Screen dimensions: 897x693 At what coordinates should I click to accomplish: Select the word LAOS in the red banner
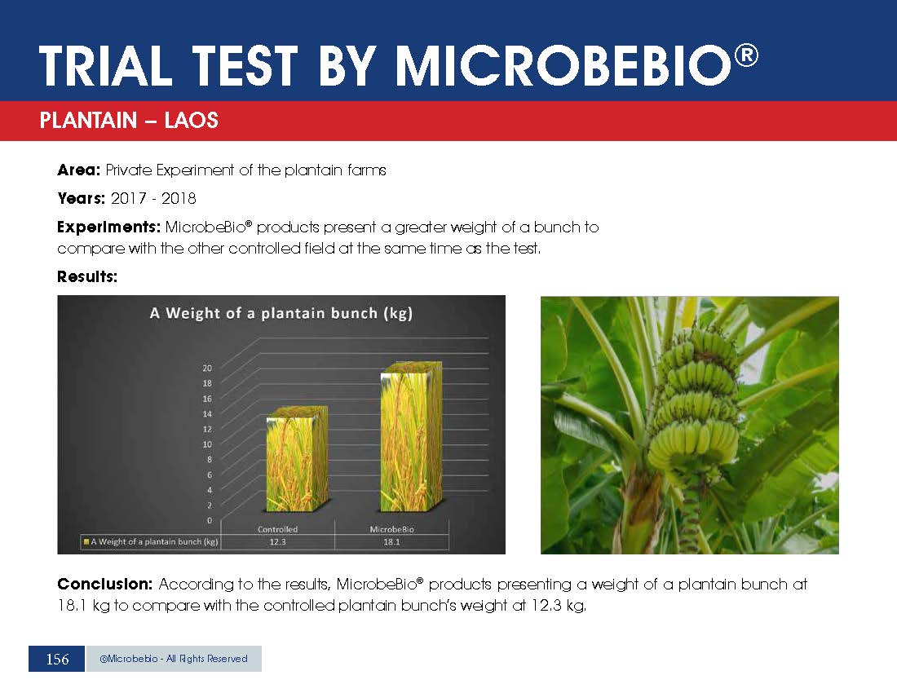[191, 121]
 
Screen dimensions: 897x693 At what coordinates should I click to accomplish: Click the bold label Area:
[79, 170]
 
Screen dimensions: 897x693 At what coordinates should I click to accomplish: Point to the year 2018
[179, 198]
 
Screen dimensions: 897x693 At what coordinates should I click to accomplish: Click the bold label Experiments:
[108, 227]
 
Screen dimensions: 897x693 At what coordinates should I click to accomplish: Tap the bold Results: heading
[87, 276]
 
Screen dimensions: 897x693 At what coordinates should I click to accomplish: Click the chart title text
[281, 313]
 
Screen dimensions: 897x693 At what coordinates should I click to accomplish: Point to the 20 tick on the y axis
[207, 369]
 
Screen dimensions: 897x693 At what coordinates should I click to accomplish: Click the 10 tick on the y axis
[207, 444]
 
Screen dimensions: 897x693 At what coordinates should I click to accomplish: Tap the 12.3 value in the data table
[277, 542]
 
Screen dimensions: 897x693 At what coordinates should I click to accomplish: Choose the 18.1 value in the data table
[392, 542]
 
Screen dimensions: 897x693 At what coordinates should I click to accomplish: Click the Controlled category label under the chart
[277, 529]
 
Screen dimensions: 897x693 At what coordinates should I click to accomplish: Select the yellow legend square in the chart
[86, 541]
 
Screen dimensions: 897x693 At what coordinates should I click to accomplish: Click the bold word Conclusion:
[104, 585]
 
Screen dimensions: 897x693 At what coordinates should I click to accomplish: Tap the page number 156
[57, 660]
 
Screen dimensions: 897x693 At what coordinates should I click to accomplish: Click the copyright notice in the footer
[174, 659]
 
